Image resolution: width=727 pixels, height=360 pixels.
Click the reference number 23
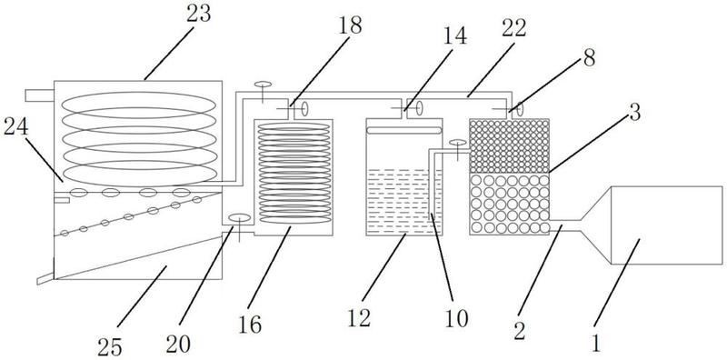[199, 15]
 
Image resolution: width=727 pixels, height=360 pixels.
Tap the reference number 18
[351, 25]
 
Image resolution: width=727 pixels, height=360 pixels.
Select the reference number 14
[455, 35]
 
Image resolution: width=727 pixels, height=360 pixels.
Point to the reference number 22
[513, 28]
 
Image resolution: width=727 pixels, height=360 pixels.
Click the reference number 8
[589, 59]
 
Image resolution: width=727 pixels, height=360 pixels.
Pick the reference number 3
[634, 112]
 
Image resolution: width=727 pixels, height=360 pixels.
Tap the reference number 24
[15, 127]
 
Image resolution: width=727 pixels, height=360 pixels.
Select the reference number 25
[109, 346]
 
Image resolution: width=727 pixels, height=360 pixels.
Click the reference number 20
[178, 344]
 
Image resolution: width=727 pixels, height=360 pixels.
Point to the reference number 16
[250, 325]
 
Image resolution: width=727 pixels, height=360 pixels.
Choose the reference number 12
[359, 319]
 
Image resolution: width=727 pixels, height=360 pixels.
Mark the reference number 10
[456, 319]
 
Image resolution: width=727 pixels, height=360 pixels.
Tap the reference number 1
[596, 344]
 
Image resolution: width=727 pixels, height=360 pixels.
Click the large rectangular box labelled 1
[667, 225]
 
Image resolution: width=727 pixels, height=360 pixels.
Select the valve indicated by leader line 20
[239, 225]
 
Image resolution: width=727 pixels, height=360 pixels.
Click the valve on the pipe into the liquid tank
[458, 148]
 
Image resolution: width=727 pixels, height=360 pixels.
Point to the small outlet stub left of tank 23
[39, 95]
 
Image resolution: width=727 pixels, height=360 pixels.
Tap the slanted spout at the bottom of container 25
[45, 279]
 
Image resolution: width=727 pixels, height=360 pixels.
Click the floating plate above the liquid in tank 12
[404, 130]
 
